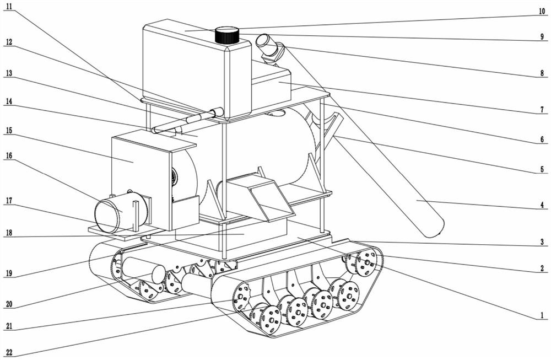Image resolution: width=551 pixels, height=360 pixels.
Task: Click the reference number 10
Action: pyautogui.click(x=542, y=12)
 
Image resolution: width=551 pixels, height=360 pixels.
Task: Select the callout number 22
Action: pyautogui.click(x=9, y=352)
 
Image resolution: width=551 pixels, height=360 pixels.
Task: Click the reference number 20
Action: pyautogui.click(x=9, y=304)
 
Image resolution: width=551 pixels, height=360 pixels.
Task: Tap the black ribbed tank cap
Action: pyautogui.click(x=227, y=34)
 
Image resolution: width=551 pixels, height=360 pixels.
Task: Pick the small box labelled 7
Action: pyautogui.click(x=271, y=82)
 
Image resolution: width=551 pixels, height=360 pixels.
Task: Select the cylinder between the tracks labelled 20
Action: pyautogui.click(x=143, y=270)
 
